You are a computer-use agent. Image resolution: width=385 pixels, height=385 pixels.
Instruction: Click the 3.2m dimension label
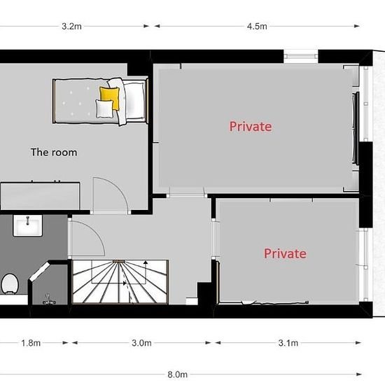[71, 26]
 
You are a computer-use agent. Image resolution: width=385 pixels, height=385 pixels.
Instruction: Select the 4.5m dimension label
[257, 26]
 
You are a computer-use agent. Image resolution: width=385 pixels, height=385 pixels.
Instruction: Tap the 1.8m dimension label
[31, 343]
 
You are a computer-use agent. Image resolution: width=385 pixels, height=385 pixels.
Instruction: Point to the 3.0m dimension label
[141, 343]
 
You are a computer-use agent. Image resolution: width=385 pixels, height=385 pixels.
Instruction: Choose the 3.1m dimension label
[288, 343]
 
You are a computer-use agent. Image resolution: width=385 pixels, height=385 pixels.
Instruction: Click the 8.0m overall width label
[177, 374]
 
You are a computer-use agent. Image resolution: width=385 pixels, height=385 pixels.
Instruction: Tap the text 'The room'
[54, 152]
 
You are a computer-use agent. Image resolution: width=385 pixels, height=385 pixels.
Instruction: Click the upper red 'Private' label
[251, 127]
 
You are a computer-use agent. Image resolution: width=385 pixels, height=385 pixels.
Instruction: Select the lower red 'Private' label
[285, 253]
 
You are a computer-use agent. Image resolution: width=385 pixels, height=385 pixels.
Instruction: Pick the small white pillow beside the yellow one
[104, 108]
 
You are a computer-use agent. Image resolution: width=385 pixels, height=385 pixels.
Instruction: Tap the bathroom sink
[27, 225]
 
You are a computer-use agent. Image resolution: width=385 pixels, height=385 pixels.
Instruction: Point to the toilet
[10, 283]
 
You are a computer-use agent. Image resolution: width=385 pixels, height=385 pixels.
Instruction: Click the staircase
[120, 282]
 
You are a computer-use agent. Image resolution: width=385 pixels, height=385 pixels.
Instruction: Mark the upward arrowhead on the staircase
[146, 262]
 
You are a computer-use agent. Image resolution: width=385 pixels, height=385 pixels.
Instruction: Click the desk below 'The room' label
[40, 196]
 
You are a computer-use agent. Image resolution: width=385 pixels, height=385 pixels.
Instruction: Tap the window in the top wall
[301, 56]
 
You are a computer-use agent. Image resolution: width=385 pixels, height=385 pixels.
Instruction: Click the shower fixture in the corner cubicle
[49, 300]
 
